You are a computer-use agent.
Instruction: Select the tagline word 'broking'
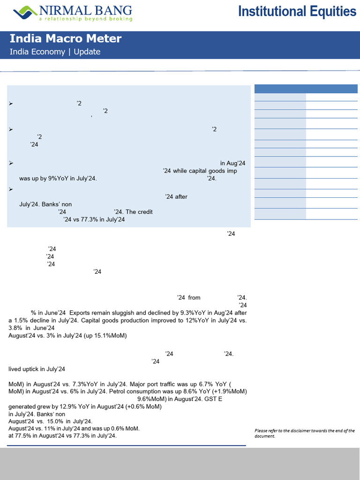(121, 19)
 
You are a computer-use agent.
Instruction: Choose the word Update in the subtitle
(87, 52)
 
